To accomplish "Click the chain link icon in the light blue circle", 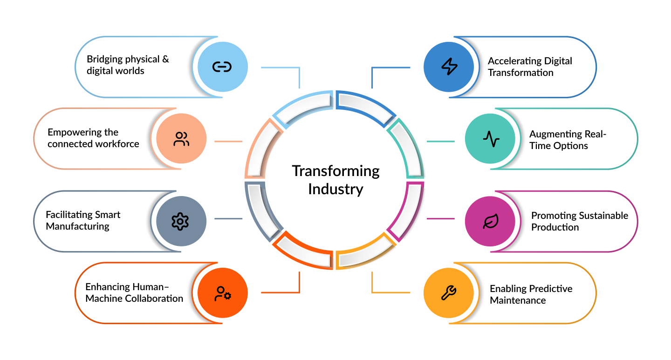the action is pos(222,67).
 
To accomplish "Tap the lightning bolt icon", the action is pos(449,67).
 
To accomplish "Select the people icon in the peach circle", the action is pos(181,139).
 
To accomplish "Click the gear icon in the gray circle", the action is pos(180,221).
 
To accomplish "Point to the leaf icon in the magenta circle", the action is pos(491,221).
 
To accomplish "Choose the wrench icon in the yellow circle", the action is pos(449,292).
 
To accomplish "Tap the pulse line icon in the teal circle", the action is pos(491,139).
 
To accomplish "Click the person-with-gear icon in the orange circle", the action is pos(223,293).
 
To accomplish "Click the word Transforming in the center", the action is pos(336,171).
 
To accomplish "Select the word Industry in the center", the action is pos(336,190).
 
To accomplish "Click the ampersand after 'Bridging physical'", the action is pos(166,59).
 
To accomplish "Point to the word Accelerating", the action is pos(514,61).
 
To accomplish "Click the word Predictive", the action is pos(552,289).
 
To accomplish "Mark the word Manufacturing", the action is pos(77,227).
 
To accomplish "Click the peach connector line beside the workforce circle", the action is pos(228,141).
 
